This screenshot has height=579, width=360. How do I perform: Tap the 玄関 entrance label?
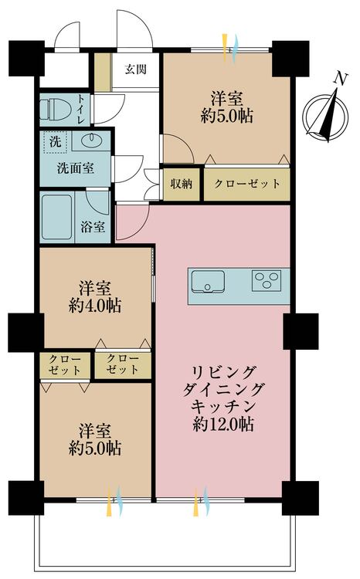tap(135, 69)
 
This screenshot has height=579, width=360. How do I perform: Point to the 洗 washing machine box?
tap(55, 141)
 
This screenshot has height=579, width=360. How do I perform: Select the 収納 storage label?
tap(182, 185)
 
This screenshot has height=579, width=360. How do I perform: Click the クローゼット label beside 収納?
tap(246, 185)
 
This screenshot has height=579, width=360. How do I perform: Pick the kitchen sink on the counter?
tap(209, 283)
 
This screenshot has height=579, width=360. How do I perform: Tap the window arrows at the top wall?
tap(231, 44)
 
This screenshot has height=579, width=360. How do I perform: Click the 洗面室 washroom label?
tap(75, 168)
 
